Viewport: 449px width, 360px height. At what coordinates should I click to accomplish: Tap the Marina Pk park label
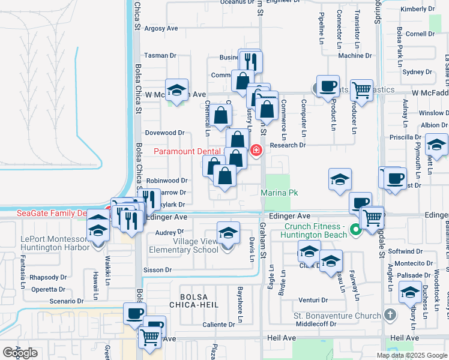[279, 193]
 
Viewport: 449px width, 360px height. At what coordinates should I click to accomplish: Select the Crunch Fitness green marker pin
[355, 229]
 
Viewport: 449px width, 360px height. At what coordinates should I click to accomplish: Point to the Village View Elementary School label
[188, 245]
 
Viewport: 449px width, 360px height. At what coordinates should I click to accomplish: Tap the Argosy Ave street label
[161, 28]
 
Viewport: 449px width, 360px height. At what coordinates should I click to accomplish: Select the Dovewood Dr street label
[164, 133]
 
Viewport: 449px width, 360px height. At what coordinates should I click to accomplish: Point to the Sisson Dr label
[157, 270]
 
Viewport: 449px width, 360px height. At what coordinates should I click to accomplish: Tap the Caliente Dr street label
[217, 325]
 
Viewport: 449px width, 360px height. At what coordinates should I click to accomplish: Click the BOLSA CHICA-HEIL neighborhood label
[204, 302]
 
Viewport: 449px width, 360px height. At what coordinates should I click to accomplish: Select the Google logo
[20, 353]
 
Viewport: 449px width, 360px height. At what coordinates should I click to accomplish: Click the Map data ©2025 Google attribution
[412, 355]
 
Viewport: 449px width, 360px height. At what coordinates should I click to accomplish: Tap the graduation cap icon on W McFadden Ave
[176, 90]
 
